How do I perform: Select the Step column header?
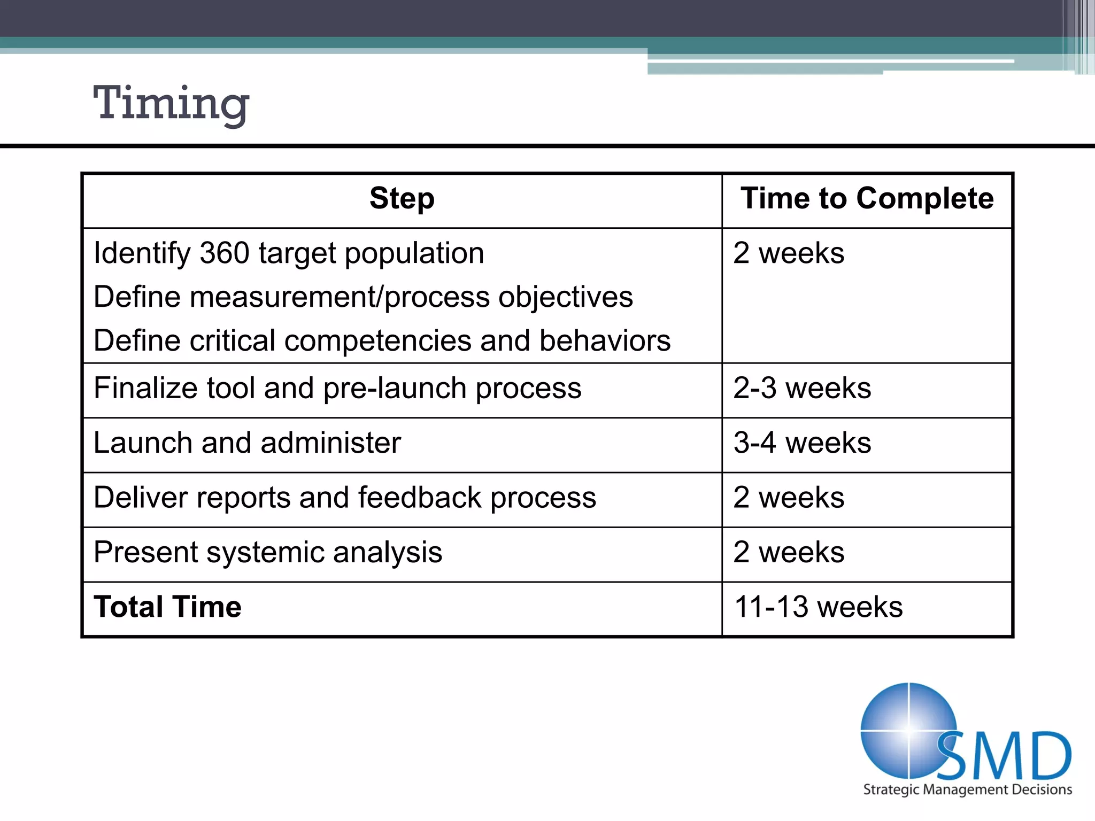pyautogui.click(x=402, y=199)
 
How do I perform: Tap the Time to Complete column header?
pyautogui.click(x=867, y=199)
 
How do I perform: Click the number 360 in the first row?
pyautogui.click(x=225, y=253)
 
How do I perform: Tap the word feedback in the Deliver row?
pyautogui.click(x=420, y=498)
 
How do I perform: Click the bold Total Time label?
pyautogui.click(x=167, y=607)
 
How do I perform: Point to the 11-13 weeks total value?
pyautogui.click(x=818, y=607)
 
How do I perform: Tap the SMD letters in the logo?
pyautogui.click(x=1005, y=756)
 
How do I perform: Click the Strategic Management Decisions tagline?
pyautogui.click(x=967, y=790)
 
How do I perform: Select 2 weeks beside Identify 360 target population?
pyautogui.click(x=789, y=253)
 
